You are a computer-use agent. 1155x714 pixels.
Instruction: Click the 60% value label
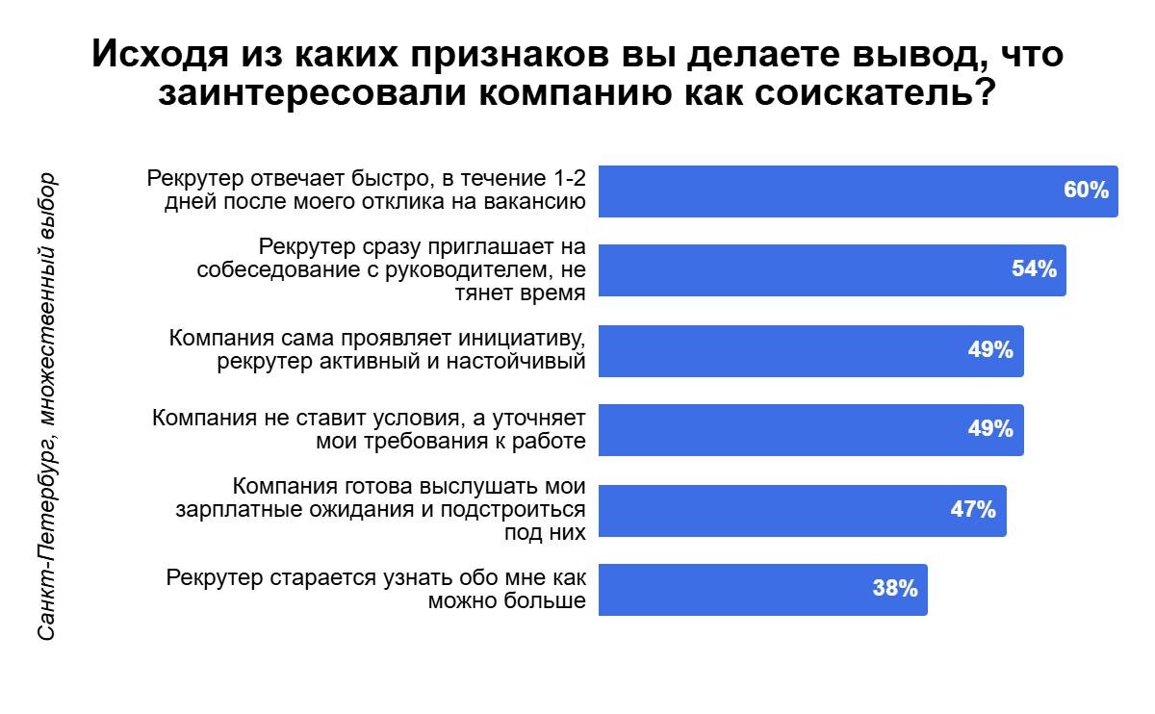click(1086, 191)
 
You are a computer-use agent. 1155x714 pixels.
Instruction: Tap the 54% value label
click(1034, 269)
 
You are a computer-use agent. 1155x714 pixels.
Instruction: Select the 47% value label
click(972, 509)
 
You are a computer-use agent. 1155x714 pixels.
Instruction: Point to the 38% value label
click(894, 588)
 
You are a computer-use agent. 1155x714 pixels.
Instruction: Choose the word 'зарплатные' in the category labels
click(242, 510)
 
